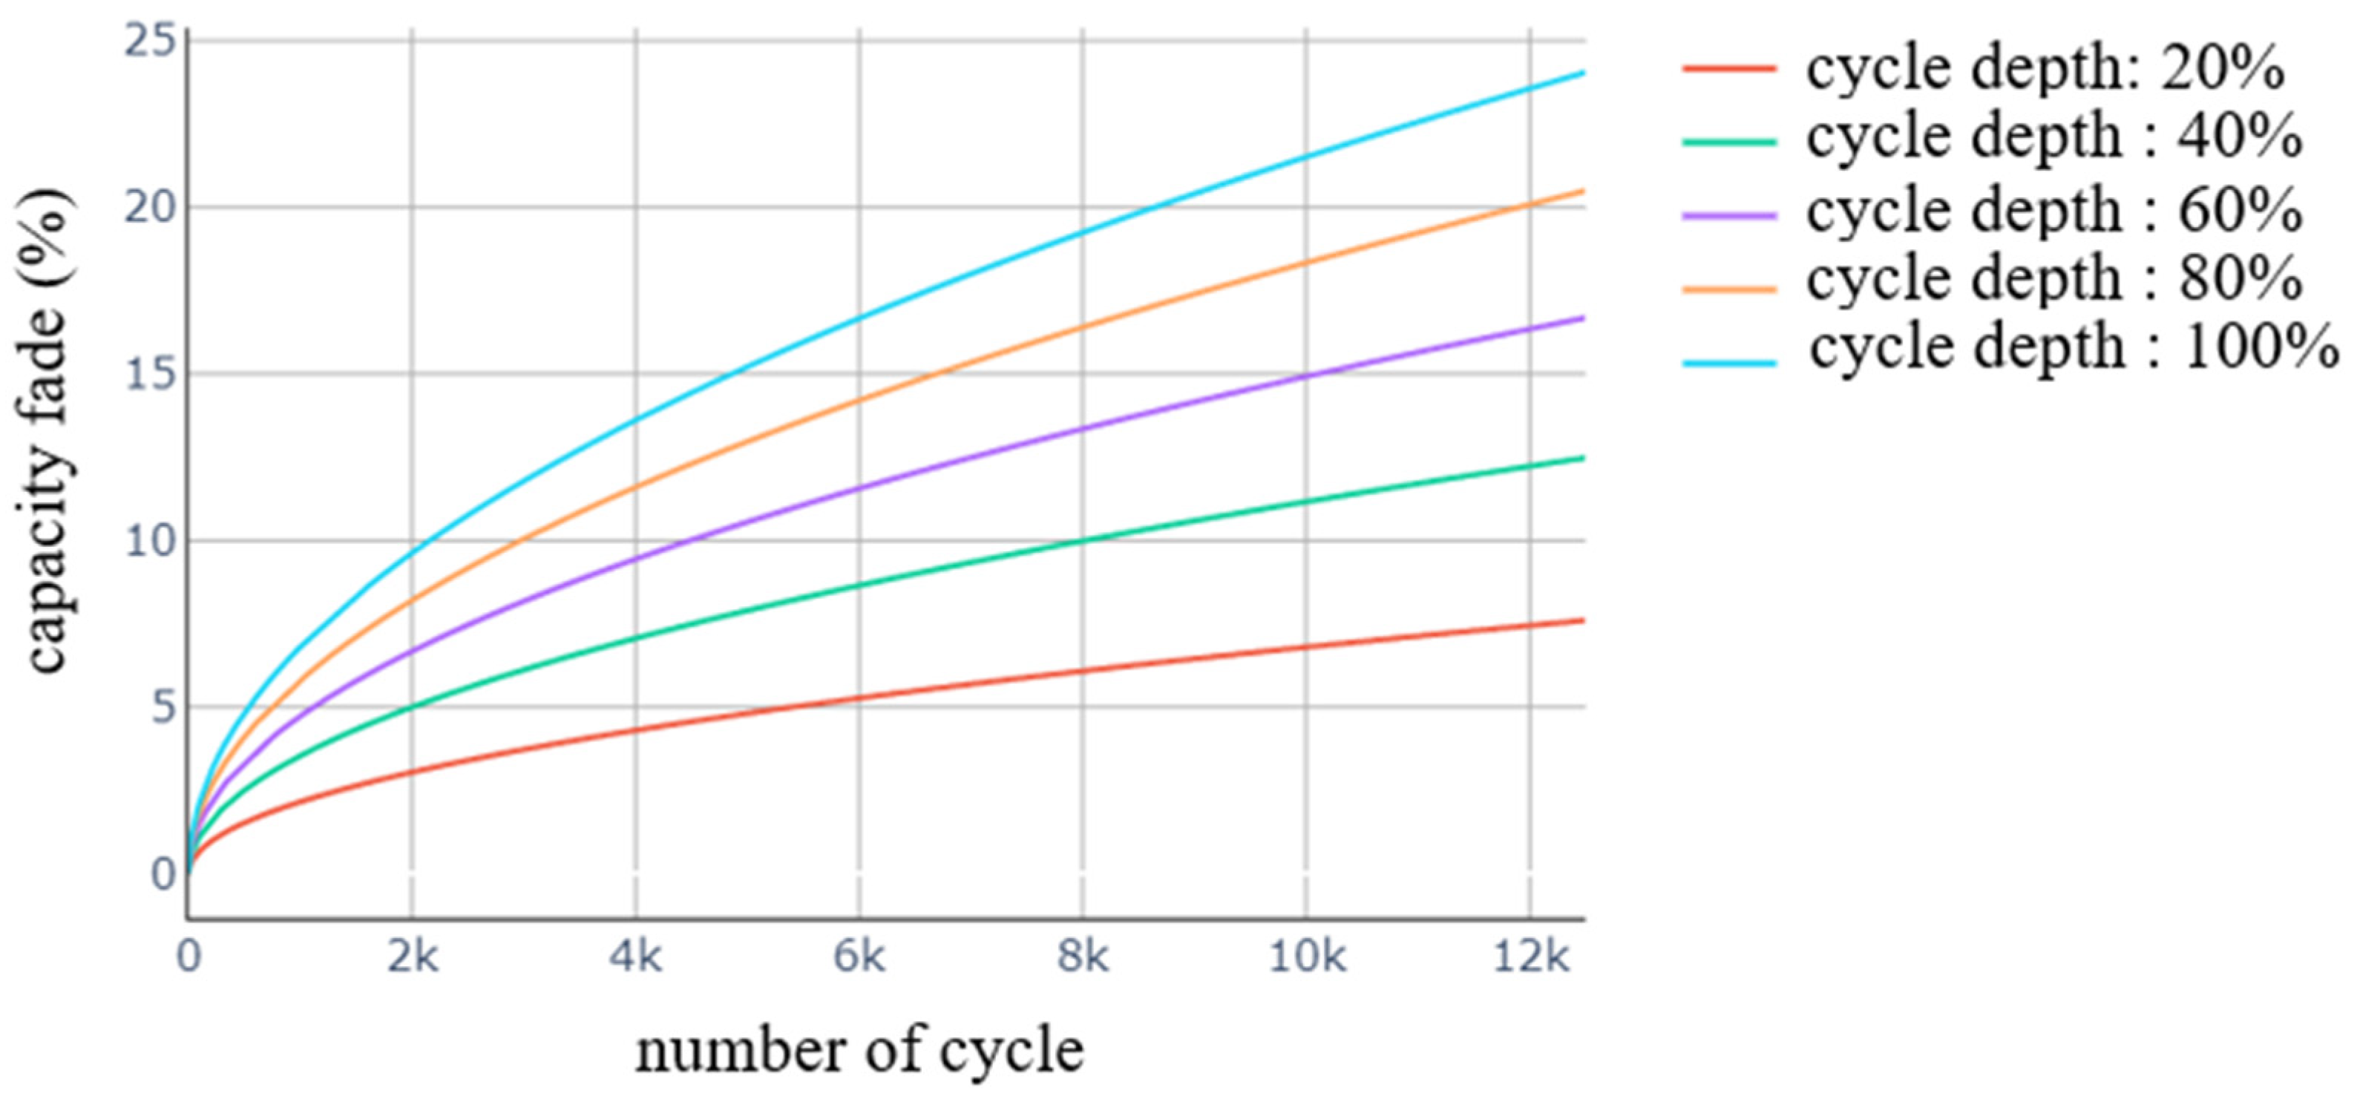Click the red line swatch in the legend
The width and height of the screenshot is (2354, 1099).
[x=1730, y=68]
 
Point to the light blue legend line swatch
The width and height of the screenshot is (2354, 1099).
[x=1730, y=363]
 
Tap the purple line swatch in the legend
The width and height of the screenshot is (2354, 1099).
[x=1730, y=216]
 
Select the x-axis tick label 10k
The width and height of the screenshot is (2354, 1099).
[x=1307, y=957]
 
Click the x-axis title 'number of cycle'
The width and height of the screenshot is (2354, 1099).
[x=859, y=1052]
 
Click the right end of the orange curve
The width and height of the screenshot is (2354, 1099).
[x=1581, y=190]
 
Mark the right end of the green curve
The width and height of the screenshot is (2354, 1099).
[x=1581, y=458]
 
